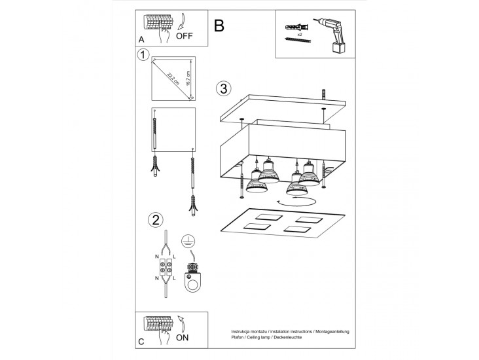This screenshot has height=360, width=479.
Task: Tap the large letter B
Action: click(x=219, y=26)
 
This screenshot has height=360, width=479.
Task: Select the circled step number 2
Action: click(x=155, y=219)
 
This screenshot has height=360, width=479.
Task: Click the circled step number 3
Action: click(x=223, y=88)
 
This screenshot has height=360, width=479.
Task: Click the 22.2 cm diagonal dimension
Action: click(x=173, y=77)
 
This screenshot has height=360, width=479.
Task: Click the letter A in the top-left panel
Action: click(x=141, y=40)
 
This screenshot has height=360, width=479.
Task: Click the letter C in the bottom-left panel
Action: click(x=141, y=341)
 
